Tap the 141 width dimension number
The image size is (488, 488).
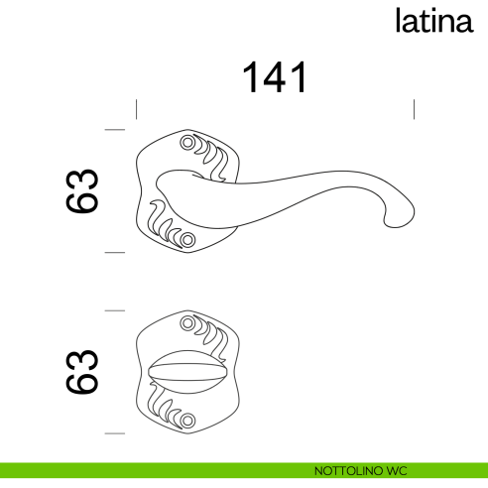point(275,78)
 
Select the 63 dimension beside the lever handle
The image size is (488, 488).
point(83,190)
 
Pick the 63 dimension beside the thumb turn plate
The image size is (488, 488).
point(83,372)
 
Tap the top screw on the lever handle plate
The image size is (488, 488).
point(187,144)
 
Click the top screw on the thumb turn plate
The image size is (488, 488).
point(187,322)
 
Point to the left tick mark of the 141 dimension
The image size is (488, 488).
point(136,108)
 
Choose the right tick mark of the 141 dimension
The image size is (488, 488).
point(413,108)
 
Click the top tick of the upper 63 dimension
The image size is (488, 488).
point(114,130)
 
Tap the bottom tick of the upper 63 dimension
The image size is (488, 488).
point(114,253)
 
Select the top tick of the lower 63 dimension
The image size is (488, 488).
point(114,310)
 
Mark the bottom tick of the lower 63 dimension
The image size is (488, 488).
point(114,433)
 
